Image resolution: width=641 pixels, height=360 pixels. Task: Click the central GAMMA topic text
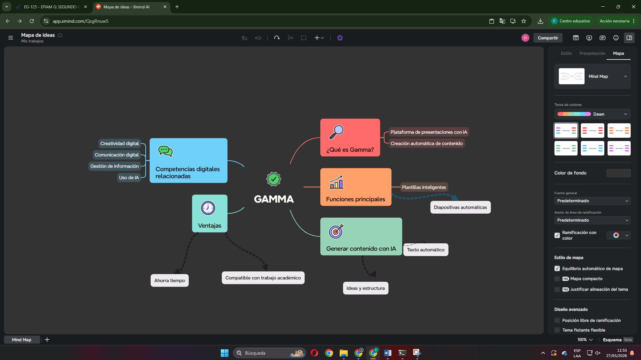coord(274,199)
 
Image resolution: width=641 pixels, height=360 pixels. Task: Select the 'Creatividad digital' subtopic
coord(120,143)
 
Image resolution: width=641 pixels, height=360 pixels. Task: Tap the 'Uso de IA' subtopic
coord(129,177)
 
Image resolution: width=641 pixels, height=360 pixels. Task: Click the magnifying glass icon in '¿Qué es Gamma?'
coord(336,132)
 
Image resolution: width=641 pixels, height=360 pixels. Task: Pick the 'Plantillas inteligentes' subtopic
coord(424,187)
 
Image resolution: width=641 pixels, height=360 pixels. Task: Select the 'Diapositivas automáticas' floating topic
coord(460,207)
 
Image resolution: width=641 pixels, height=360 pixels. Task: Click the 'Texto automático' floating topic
coord(426,250)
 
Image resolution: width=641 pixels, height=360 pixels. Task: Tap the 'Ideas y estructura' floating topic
coord(365,288)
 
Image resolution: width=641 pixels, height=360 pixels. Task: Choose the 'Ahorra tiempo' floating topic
coord(170,280)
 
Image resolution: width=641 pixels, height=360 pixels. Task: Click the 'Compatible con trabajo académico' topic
coord(263,278)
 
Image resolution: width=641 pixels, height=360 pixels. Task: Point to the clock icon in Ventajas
coord(208,208)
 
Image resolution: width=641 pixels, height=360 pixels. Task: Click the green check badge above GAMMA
coord(274,179)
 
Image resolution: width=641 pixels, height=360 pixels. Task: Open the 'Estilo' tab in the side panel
coord(566,53)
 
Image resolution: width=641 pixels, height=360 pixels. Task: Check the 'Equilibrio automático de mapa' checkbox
coord(557,268)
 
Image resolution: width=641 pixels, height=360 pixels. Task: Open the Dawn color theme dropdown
coord(592,114)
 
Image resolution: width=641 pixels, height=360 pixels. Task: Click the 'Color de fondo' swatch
coord(618,173)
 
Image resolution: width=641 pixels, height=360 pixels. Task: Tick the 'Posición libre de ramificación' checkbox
coord(557,320)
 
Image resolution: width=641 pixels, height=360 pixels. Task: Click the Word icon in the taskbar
coord(387,353)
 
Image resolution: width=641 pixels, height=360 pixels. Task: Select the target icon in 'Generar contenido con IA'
coord(336,231)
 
